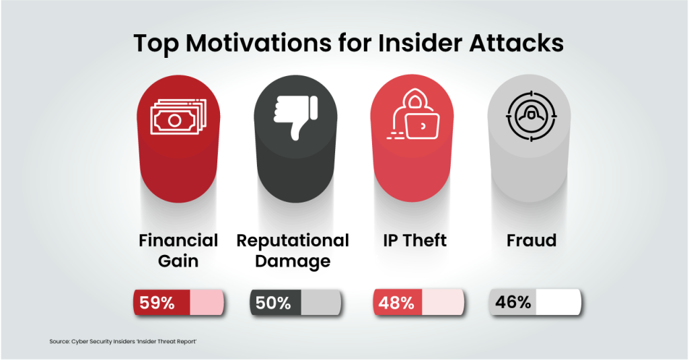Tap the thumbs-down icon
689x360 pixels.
(295, 116)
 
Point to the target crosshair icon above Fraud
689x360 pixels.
(528, 116)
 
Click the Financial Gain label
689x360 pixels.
(178, 250)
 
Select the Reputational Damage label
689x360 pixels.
(293, 250)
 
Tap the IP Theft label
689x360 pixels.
(414, 241)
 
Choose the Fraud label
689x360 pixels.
(532, 241)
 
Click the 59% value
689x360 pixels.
(157, 303)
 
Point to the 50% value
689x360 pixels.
(273, 303)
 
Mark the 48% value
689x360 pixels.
(396, 303)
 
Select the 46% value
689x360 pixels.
(513, 303)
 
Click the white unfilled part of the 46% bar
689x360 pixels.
(558, 303)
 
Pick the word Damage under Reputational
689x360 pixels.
(293, 260)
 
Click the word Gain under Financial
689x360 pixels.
(178, 260)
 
